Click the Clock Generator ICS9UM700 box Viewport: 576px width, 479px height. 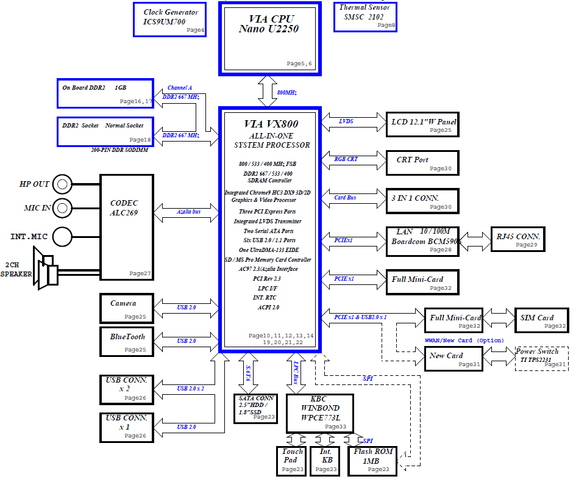pyautogui.click(x=169, y=20)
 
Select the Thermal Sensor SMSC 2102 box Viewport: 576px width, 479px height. pyautogui.click(x=366, y=17)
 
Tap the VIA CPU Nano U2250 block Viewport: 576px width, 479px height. pyautogui.click(x=270, y=38)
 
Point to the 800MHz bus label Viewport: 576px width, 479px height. pyautogui.click(x=287, y=93)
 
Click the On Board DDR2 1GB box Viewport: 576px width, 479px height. pyautogui.click(x=105, y=93)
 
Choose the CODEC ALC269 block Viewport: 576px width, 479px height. pyautogui.click(x=127, y=228)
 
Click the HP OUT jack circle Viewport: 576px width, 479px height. pyautogui.click(x=62, y=184)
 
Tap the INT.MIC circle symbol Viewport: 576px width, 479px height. pyautogui.click(x=62, y=236)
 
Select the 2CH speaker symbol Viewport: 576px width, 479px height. pyautogui.click(x=46, y=268)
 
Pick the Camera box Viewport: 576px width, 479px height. pyautogui.click(x=127, y=309)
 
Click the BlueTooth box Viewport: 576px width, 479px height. pyautogui.click(x=127, y=342)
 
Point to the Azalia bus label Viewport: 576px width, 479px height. pyautogui.click(x=188, y=212)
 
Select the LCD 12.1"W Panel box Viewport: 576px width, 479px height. pyautogui.click(x=423, y=124)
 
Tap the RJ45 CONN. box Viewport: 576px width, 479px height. pyautogui.click(x=518, y=239)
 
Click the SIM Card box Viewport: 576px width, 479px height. pyautogui.click(x=542, y=320)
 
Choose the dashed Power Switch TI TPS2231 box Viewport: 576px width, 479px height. pyautogui.click(x=542, y=358)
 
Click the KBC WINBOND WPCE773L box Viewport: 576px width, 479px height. pyautogui.click(x=320, y=414)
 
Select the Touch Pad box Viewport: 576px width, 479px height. pyautogui.click(x=291, y=461)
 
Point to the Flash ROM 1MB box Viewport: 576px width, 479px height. pyautogui.click(x=372, y=461)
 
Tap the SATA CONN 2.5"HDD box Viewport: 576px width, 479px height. pyautogui.click(x=255, y=409)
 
